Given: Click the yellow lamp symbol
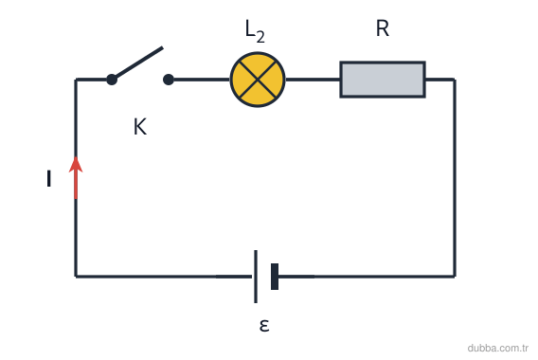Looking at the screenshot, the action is coord(258,80).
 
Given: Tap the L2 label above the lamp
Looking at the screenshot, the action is coord(255,31).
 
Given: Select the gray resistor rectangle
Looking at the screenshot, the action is coord(383,80).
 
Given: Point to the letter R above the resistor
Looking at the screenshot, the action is coord(383,28).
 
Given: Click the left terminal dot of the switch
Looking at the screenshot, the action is coord(112,80).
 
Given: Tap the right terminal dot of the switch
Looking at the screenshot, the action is coord(169,80).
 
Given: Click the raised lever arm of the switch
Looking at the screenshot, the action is coord(137,63).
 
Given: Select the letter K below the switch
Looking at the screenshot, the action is coord(140,127).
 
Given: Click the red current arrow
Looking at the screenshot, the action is coord(76,178).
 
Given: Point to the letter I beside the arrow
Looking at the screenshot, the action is coord(48,178).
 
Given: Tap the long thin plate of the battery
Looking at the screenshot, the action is coord(256,277).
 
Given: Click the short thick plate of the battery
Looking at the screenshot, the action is coord(275,277).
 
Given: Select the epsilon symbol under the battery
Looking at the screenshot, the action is coord(264,325).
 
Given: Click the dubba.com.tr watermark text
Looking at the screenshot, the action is coord(497,348).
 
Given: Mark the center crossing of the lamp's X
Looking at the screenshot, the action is coord(258,80).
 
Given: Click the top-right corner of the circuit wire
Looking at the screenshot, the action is coord(455,80).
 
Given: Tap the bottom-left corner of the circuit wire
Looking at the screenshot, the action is coord(76,277).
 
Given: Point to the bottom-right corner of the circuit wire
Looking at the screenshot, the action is coord(455,277).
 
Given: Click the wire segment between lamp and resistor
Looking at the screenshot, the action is coord(313,80).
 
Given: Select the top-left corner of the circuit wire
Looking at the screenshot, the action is coord(76,80).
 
